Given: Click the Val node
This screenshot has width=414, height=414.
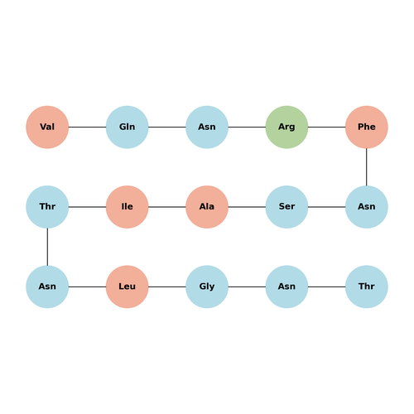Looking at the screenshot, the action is [x=47, y=127].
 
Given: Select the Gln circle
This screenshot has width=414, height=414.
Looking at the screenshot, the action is [x=127, y=127].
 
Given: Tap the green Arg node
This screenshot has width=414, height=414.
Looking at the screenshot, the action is [x=286, y=127].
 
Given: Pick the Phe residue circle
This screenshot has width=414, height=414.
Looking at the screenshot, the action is [x=367, y=127].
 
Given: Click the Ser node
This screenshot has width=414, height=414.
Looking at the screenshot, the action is [x=286, y=207].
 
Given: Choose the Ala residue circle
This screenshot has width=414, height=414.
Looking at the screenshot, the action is [x=207, y=207].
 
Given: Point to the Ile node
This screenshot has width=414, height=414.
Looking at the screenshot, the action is [x=127, y=207].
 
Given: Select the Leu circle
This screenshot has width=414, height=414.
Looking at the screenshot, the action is [x=127, y=286].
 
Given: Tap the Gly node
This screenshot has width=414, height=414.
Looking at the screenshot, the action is [x=207, y=286].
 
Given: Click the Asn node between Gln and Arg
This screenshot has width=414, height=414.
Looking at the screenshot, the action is [x=207, y=127].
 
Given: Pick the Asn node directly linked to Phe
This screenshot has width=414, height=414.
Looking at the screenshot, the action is [x=367, y=207].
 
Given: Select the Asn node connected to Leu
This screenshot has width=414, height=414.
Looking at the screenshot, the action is [x=47, y=286].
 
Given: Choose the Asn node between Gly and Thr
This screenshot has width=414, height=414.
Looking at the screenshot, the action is [x=286, y=286].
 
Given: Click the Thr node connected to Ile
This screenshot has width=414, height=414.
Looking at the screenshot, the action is [x=47, y=207].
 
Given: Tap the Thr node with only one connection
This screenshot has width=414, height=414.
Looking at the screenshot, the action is [x=367, y=286].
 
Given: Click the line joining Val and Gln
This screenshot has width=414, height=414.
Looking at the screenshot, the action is [x=87, y=127].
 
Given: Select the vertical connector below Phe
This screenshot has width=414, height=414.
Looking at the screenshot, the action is [x=367, y=167].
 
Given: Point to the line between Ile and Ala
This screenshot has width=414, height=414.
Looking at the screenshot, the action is [x=167, y=207].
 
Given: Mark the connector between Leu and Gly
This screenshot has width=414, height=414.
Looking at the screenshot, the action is [x=167, y=286].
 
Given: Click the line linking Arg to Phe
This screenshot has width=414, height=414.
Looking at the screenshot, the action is [x=327, y=127].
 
